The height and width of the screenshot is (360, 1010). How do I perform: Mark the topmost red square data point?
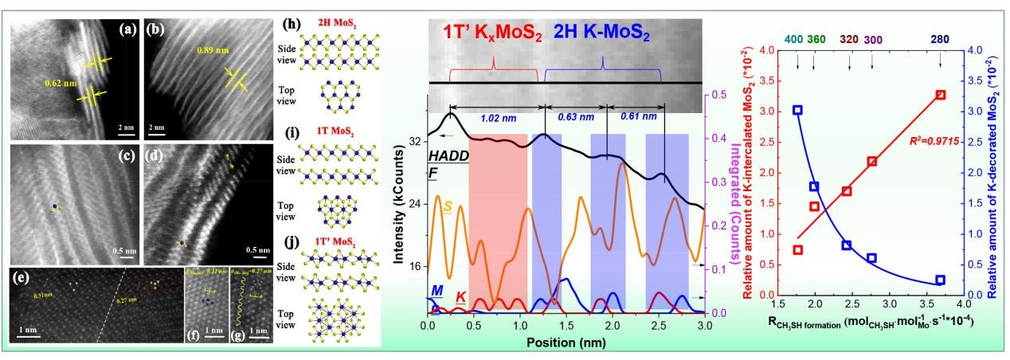pos(941,95)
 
